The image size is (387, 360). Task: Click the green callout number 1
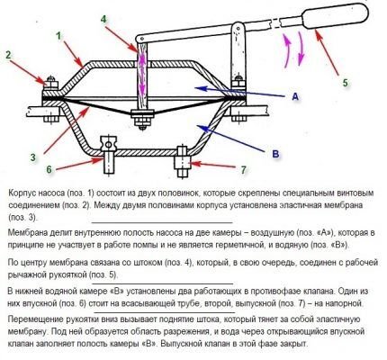(58, 36)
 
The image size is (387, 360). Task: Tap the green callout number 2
(8, 55)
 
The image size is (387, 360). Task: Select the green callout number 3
(33, 157)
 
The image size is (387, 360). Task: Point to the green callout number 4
(103, 19)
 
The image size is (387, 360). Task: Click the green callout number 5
(346, 83)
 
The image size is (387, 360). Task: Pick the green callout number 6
(49, 169)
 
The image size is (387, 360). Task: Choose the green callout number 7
(243, 170)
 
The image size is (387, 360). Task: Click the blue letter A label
(295, 96)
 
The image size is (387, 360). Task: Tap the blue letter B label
(275, 154)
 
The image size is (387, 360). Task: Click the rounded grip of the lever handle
(335, 16)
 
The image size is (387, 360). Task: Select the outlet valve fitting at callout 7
(182, 162)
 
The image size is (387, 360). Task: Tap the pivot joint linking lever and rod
(139, 39)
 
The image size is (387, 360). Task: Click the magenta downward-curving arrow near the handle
(301, 48)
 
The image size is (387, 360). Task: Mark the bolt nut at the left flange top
(51, 83)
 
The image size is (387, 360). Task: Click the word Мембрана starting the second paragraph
(26, 232)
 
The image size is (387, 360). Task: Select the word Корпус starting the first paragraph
(22, 193)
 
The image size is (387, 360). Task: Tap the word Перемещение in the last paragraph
(33, 319)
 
